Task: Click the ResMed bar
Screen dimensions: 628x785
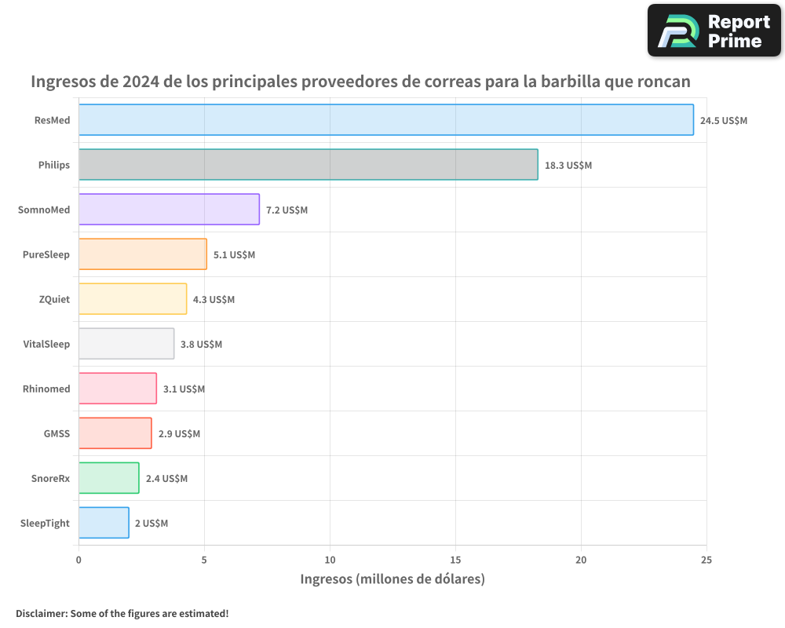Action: pos(385,120)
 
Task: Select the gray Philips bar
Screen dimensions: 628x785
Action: pos(308,165)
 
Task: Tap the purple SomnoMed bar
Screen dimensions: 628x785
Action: pos(169,210)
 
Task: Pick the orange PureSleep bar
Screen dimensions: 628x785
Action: pos(142,254)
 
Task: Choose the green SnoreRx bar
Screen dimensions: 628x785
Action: pos(108,478)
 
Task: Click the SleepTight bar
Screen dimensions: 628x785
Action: pos(104,523)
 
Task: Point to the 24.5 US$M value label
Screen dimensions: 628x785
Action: pos(724,121)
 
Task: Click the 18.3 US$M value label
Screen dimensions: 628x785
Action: pos(568,166)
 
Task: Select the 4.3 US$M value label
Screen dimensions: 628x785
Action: pos(214,300)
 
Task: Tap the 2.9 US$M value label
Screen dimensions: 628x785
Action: pos(179,434)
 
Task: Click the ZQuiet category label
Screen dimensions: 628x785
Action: pos(54,299)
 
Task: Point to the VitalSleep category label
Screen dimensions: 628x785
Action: pos(46,344)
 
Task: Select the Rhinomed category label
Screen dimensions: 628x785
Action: pos(46,389)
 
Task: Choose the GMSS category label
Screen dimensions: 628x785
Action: pos(57,433)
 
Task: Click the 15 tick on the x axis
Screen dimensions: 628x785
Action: pos(455,560)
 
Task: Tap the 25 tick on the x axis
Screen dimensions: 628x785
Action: pos(706,560)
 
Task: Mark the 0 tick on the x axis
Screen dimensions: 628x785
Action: pos(78,560)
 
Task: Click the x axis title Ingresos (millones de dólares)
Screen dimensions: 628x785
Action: pos(392,579)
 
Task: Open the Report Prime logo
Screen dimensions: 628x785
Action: pos(714,31)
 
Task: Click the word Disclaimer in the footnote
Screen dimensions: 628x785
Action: pos(41,613)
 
